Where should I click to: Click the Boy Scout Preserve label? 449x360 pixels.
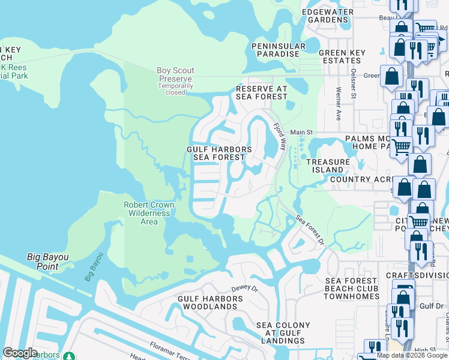(x=175, y=74)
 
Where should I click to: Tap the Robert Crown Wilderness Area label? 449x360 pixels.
(x=149, y=213)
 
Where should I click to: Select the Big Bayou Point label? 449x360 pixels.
(x=47, y=262)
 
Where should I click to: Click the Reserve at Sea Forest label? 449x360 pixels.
(x=261, y=92)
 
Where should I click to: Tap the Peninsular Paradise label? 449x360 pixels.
(x=275, y=50)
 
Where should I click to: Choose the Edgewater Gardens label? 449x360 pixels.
(x=325, y=16)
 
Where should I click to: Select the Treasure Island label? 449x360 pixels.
(x=328, y=166)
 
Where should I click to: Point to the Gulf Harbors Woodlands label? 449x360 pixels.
(x=208, y=302)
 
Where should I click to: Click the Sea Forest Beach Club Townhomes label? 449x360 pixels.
(x=352, y=289)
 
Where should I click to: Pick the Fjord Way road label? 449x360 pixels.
(x=280, y=137)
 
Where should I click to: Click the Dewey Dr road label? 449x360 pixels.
(x=244, y=289)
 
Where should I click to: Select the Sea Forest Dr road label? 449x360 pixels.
(x=310, y=230)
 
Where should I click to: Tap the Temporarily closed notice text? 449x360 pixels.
(x=175, y=89)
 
